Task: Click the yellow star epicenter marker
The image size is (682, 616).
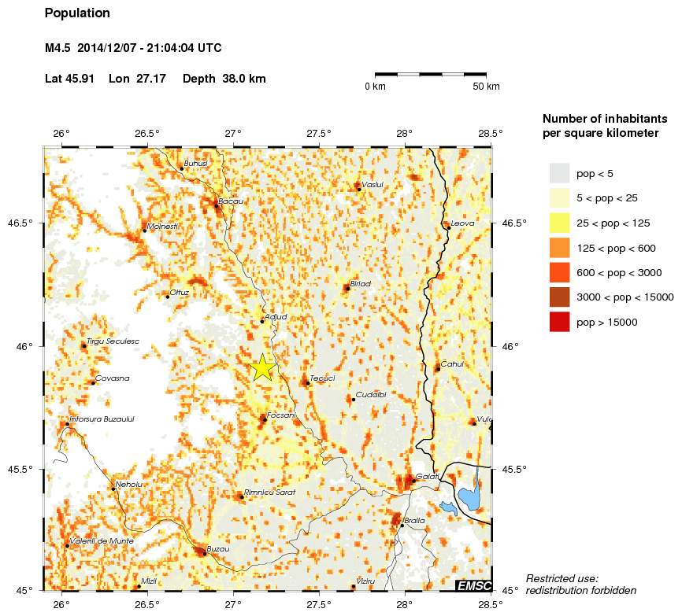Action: (x=262, y=367)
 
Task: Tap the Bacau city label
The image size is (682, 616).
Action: (x=231, y=201)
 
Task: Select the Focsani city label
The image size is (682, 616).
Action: (x=281, y=415)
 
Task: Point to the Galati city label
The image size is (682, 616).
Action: (x=428, y=477)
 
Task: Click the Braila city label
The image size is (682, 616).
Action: (x=414, y=521)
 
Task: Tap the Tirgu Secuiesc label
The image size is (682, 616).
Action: (x=113, y=341)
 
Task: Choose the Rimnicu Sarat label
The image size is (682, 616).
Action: (x=269, y=492)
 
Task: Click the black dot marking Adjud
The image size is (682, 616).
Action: (x=262, y=321)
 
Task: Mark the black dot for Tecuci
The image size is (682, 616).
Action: (x=307, y=383)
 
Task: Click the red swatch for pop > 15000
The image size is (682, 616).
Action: (x=559, y=322)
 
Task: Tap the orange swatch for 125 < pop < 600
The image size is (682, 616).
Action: (x=559, y=248)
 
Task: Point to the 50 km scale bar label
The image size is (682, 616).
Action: (x=486, y=87)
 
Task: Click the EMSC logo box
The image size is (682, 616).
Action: (x=474, y=585)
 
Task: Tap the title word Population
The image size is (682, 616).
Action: (x=77, y=13)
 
